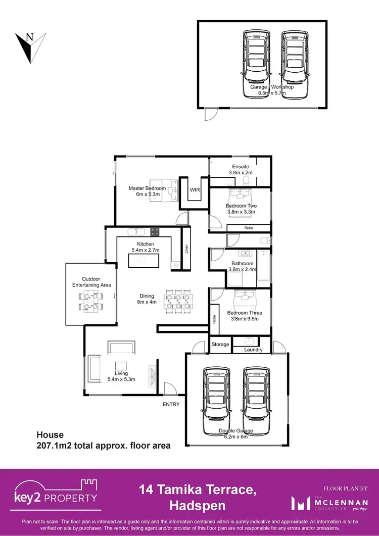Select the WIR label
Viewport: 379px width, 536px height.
pos(195,190)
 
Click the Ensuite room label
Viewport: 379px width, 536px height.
pos(241,166)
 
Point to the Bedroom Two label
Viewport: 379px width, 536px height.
pos(241,206)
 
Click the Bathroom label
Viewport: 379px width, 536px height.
pos(242,263)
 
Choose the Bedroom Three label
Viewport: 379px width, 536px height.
pos(245,313)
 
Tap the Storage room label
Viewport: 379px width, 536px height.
pos(220,344)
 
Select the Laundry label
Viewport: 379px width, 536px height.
pos(253,349)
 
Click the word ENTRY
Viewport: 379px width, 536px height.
pos(171,404)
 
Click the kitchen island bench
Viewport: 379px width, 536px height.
pos(144,261)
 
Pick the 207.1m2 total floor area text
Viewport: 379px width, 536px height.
pos(103,446)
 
